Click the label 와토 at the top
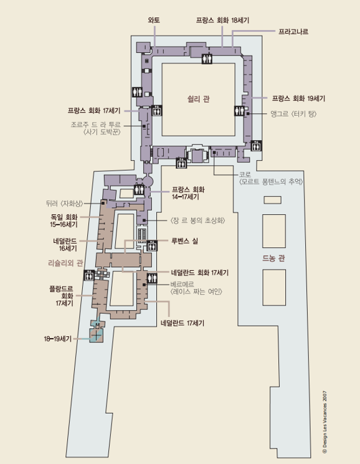(154, 20)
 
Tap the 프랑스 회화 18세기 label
(222, 20)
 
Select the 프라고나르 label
(293, 31)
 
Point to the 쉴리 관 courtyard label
(199, 99)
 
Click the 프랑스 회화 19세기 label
(298, 98)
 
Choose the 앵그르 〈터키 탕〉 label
(293, 113)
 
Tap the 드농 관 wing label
(273, 258)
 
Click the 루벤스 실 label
(184, 241)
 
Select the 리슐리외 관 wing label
(65, 263)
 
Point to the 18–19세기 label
(58, 339)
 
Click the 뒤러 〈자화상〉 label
(65, 203)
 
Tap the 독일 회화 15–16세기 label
(64, 220)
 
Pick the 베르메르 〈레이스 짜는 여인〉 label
(196, 288)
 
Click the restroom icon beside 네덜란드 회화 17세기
(152, 278)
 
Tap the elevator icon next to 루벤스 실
(152, 245)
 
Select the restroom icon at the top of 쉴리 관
(207, 59)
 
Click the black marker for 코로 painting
(214, 153)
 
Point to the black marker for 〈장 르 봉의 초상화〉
(144, 220)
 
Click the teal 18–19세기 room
(97, 336)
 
